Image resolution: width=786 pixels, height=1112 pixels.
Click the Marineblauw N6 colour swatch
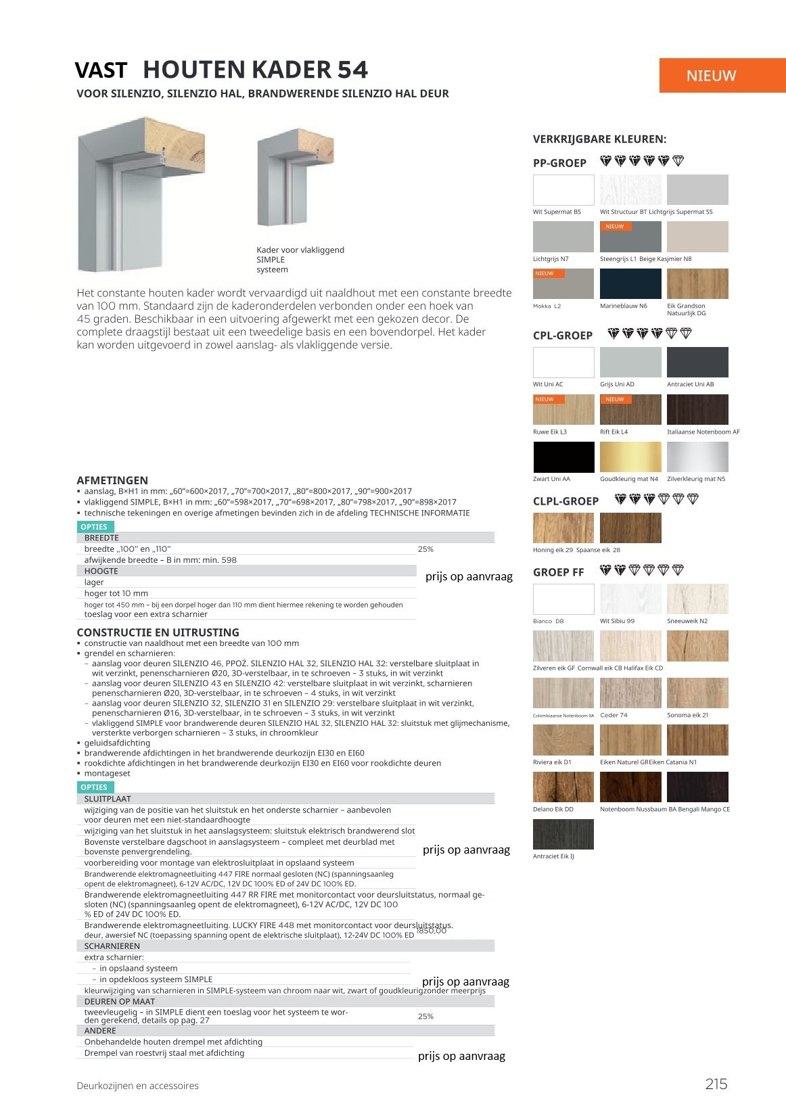630,283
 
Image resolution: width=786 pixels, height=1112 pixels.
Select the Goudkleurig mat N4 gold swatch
630,457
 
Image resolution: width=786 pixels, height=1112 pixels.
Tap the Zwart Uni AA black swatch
563,457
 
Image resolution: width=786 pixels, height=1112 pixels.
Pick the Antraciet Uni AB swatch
697,362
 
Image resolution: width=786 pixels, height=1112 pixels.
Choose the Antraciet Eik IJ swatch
563,834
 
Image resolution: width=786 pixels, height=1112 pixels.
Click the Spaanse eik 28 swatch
630,528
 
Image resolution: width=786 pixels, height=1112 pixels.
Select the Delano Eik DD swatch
563,787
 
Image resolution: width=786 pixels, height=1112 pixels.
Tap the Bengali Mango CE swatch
697,787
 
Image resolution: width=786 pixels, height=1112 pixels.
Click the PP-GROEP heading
559,163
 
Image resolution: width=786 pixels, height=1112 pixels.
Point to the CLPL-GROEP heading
565,501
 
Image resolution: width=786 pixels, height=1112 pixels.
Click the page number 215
716,1084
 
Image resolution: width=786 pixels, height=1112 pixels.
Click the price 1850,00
432,931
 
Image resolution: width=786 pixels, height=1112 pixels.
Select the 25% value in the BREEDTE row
425,549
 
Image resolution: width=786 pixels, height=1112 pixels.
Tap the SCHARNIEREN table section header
112,946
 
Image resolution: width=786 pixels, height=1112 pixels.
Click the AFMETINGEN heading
112,480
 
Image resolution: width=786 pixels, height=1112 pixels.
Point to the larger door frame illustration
141,195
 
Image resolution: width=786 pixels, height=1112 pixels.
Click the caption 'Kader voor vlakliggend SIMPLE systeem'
300,260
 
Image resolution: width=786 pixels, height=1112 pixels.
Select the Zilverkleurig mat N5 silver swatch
697,457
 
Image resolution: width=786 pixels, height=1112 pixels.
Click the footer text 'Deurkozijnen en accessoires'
137,1086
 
